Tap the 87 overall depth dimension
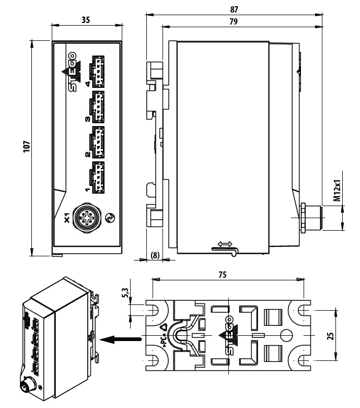pos(234,9)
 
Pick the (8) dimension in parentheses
pos(154,255)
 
